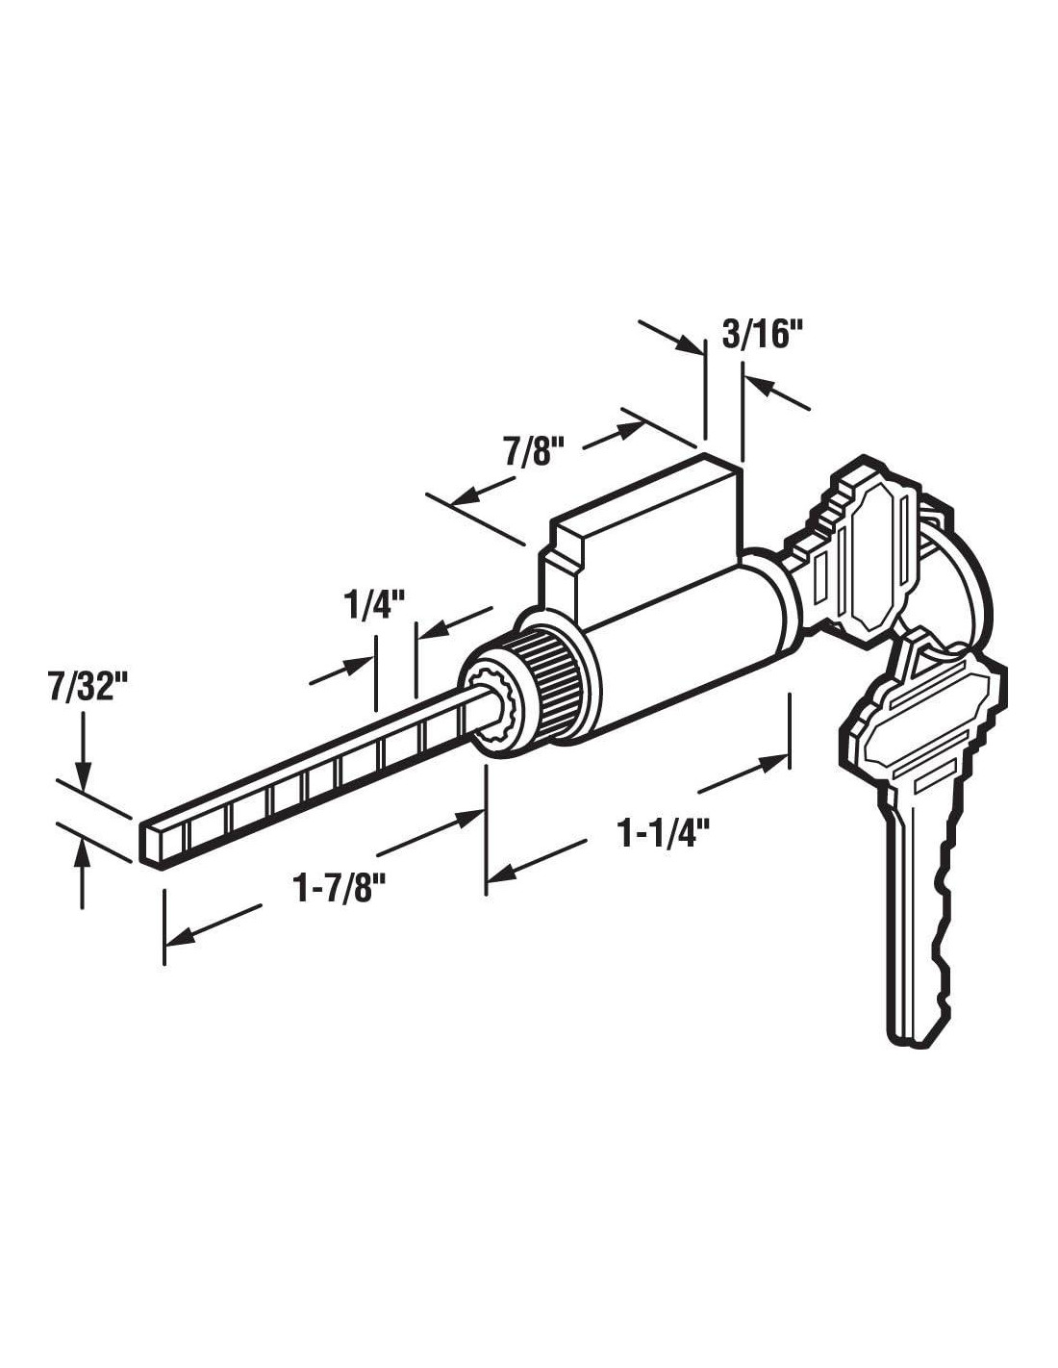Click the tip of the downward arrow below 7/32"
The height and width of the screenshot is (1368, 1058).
84,788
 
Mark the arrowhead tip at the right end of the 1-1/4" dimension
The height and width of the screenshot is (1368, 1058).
788,754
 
